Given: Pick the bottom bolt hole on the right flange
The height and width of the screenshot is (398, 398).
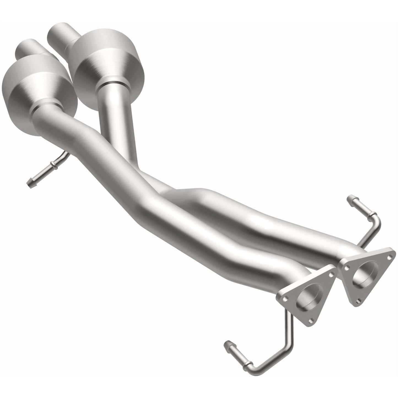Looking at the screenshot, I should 359,301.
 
